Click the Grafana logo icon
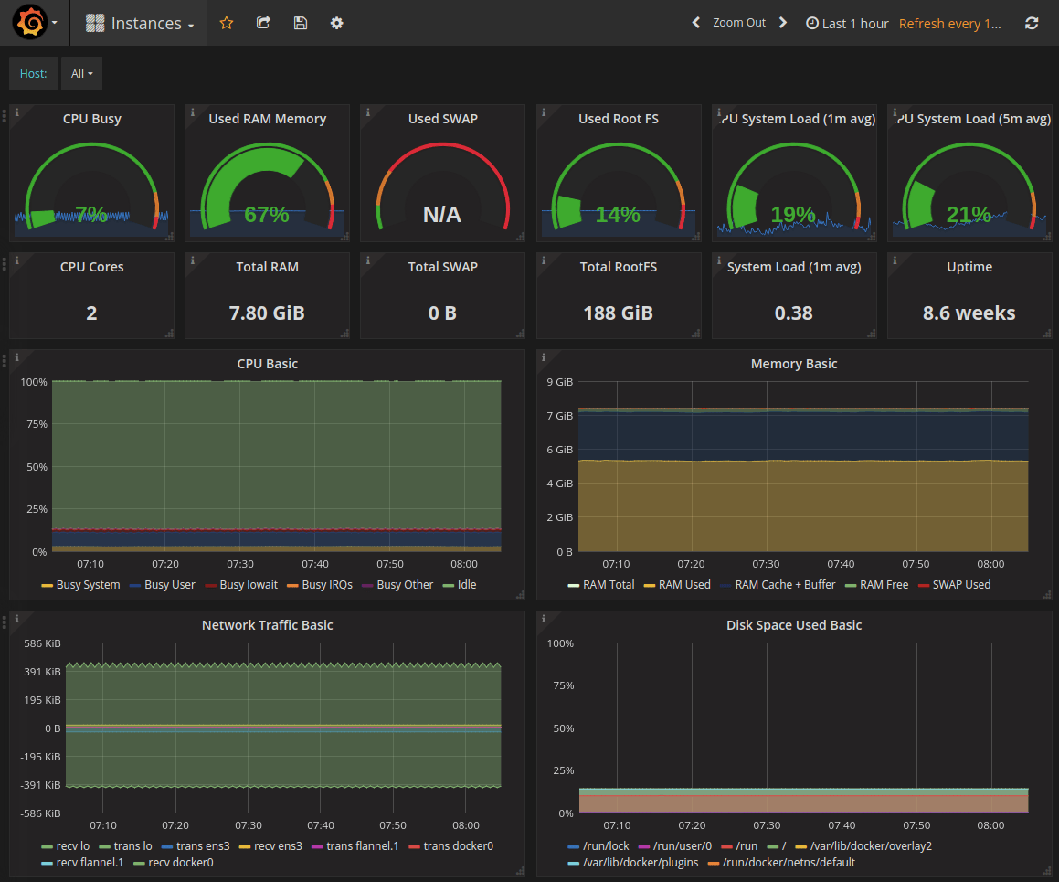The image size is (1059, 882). click(x=30, y=23)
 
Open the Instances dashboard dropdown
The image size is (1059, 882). click(x=140, y=24)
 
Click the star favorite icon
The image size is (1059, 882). click(x=227, y=23)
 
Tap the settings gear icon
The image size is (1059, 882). click(x=336, y=23)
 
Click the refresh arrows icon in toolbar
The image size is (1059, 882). click(x=1032, y=24)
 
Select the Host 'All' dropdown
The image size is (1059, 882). click(x=82, y=74)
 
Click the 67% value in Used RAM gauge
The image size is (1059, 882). click(x=267, y=215)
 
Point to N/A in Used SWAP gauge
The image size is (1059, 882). click(x=442, y=215)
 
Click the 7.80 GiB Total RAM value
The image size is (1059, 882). click(x=267, y=313)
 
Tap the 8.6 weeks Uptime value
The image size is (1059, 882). click(x=969, y=313)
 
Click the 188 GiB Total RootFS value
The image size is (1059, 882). click(x=618, y=313)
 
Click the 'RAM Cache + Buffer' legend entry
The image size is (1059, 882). click(x=784, y=585)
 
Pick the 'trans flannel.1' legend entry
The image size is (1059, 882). click(x=362, y=846)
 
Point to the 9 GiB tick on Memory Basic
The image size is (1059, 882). click(x=558, y=382)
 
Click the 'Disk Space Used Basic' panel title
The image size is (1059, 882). click(x=793, y=625)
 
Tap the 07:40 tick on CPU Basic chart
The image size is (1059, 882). click(x=314, y=565)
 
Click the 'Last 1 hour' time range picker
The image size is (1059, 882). click(x=847, y=24)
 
